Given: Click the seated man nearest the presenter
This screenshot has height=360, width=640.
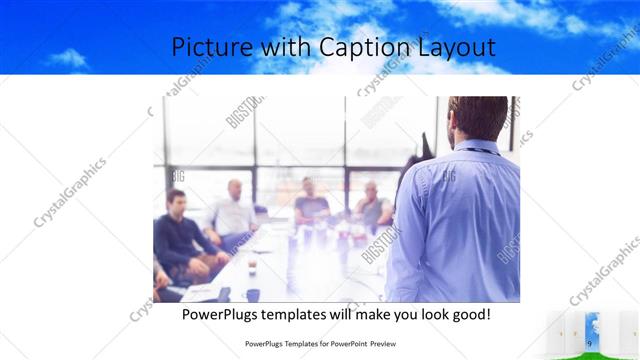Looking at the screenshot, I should click(x=372, y=205).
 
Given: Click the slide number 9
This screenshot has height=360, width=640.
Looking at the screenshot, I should click(x=590, y=344).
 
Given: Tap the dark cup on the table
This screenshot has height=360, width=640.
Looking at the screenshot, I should click(x=252, y=295).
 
